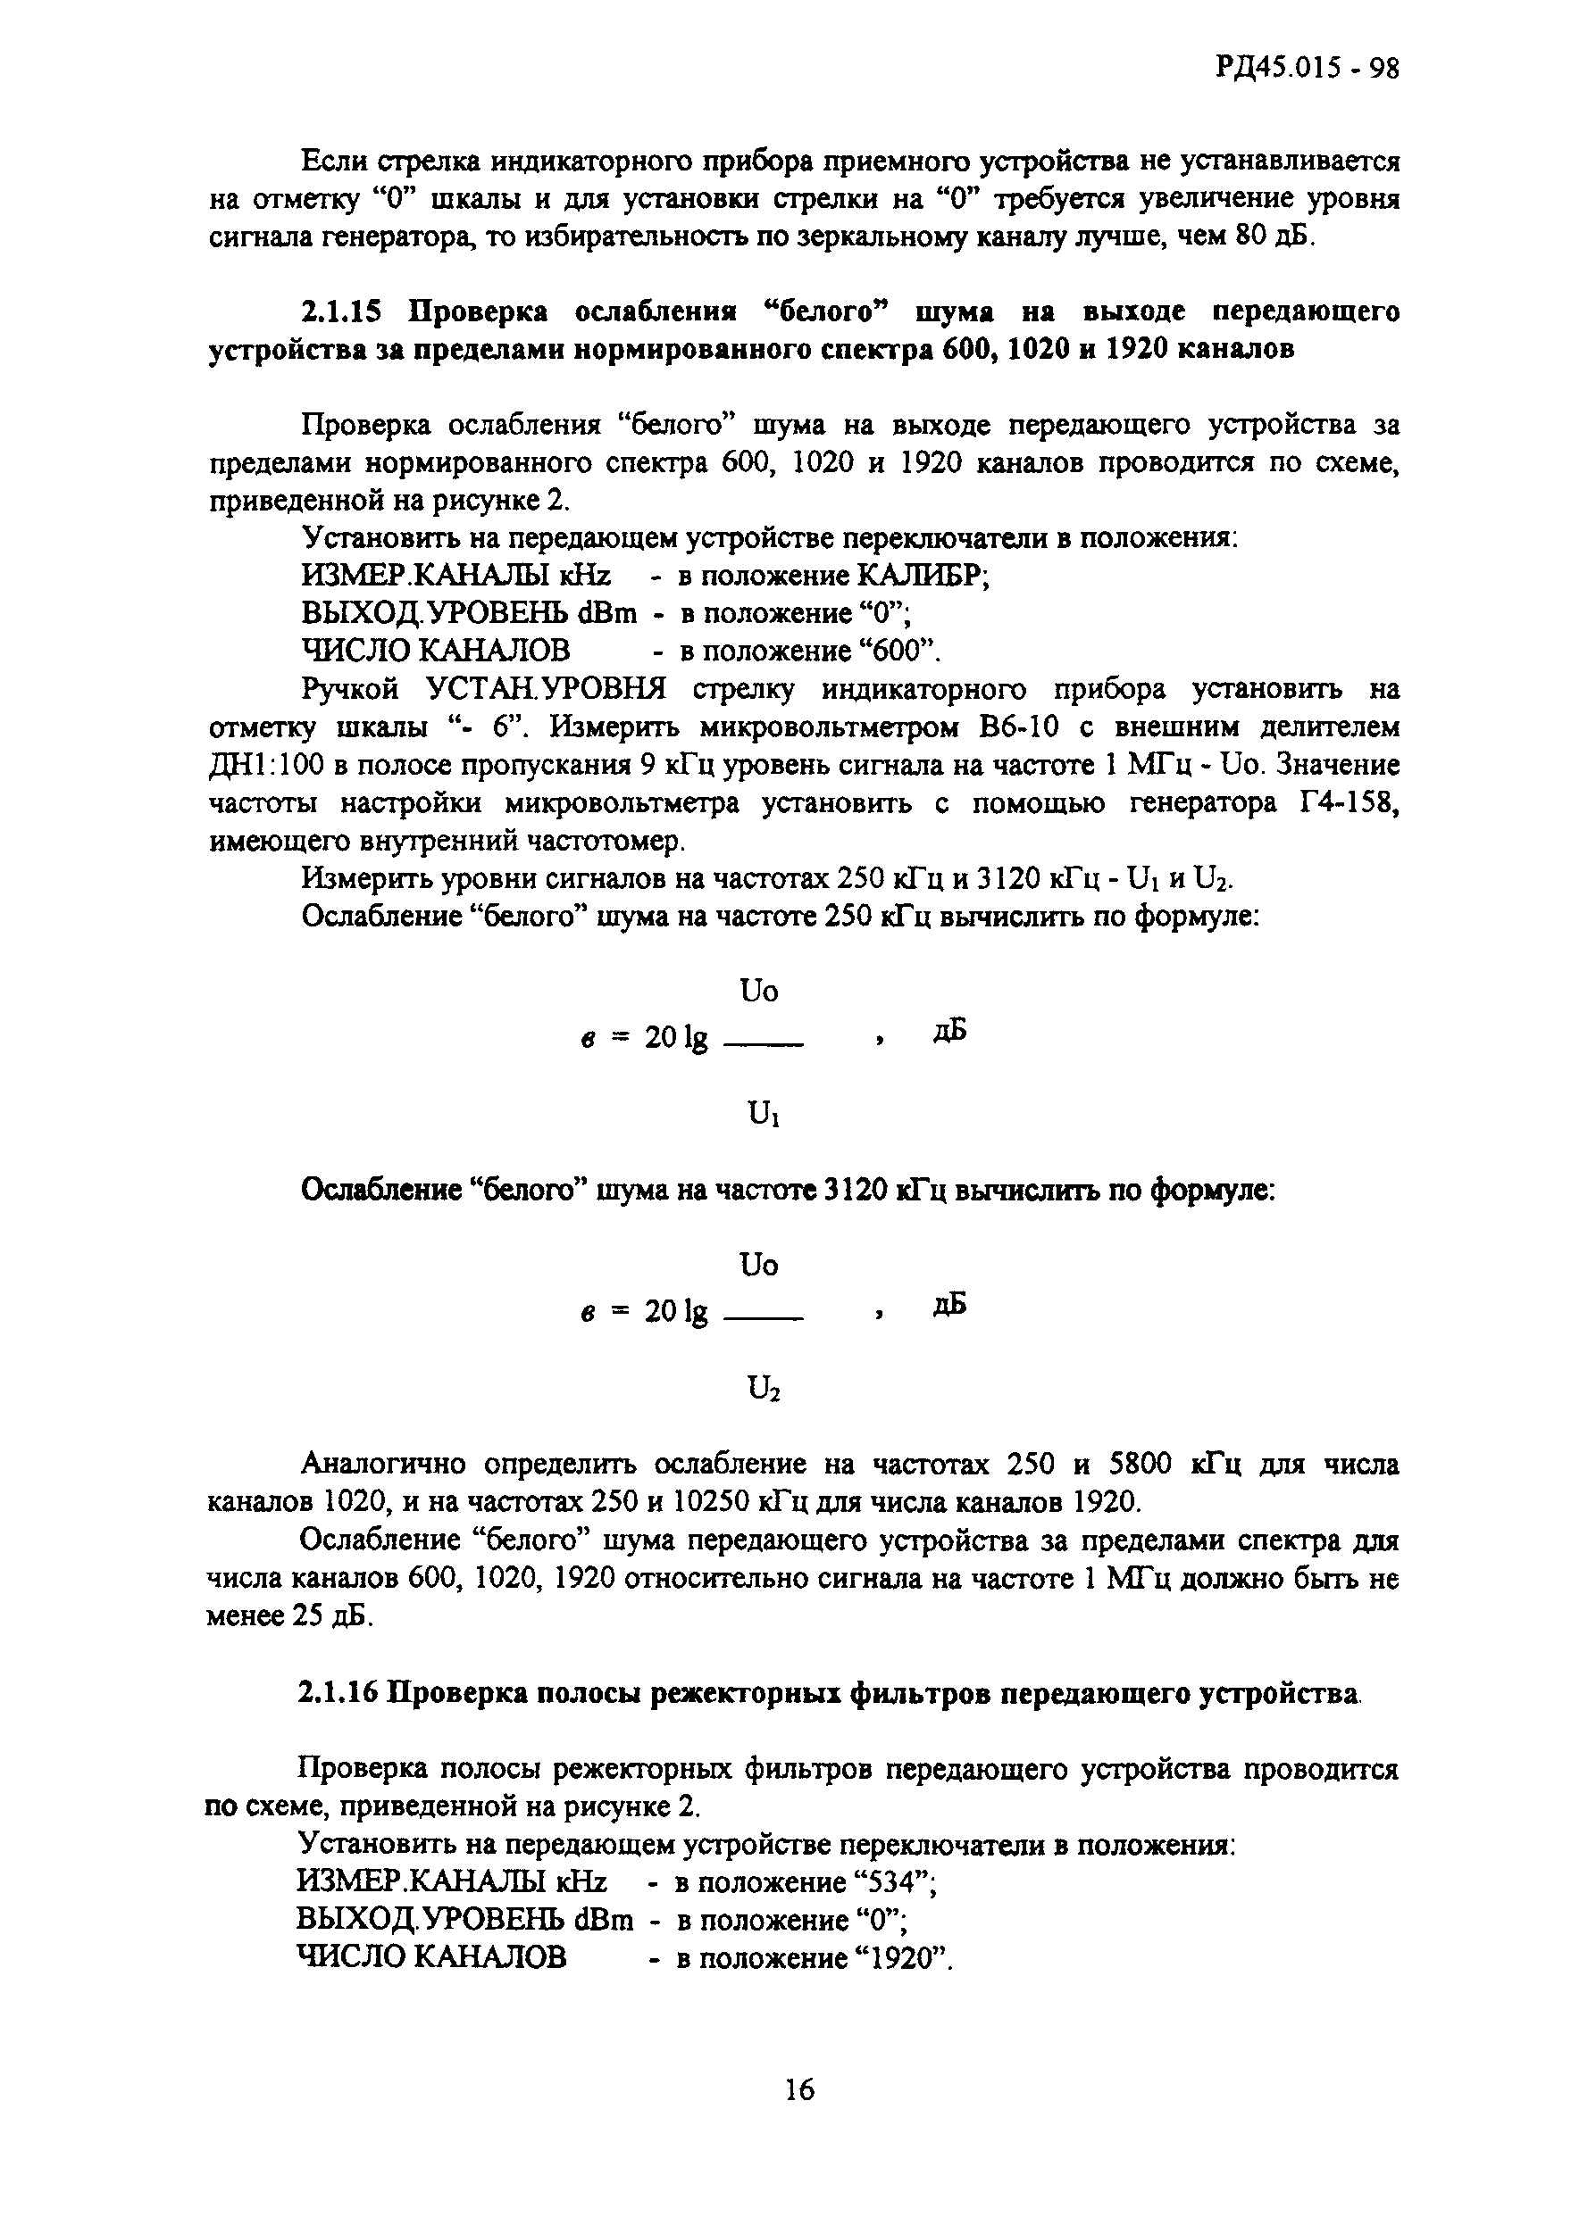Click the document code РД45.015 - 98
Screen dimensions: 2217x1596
pos(1308,69)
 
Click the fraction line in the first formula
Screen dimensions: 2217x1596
pos(763,1044)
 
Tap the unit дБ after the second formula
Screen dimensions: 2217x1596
pos(949,1305)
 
